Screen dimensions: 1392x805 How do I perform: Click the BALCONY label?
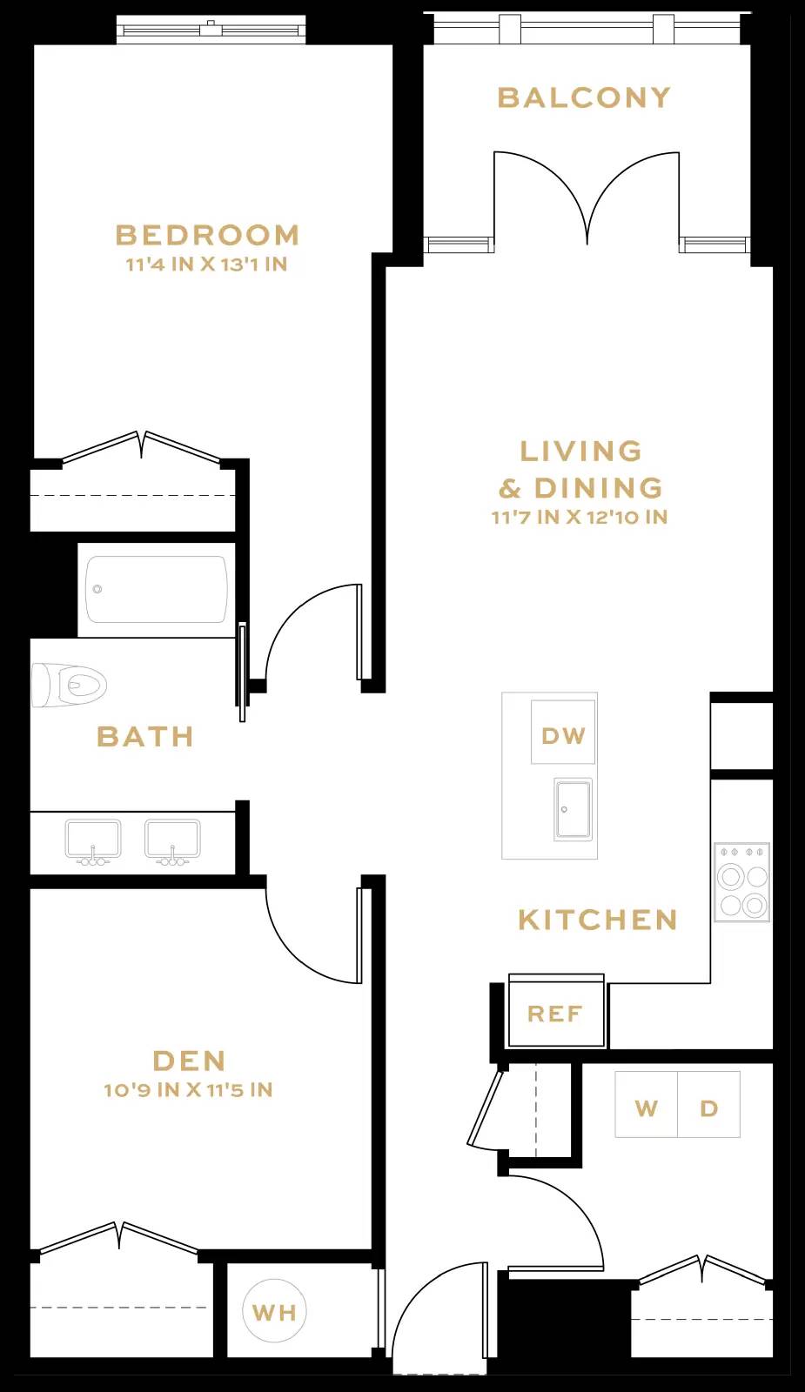click(584, 97)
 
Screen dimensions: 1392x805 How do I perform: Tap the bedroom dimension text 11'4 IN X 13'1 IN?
click(207, 264)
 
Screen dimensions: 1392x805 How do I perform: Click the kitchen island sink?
click(573, 809)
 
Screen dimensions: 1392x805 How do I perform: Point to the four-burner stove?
click(741, 881)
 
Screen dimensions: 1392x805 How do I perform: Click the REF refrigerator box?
click(556, 1014)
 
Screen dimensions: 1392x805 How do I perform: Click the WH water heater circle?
click(274, 1311)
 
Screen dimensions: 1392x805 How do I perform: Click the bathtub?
click(157, 590)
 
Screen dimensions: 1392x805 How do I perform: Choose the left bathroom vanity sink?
click(93, 841)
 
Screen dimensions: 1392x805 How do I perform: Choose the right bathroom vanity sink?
click(172, 841)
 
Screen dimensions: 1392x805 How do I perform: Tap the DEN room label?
click(190, 1061)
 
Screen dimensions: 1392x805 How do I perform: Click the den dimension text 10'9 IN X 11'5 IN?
click(188, 1090)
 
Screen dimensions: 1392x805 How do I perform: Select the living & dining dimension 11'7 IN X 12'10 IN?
click(580, 518)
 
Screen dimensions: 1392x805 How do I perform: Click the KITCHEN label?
click(598, 920)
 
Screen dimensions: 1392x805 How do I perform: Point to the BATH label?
click(145, 737)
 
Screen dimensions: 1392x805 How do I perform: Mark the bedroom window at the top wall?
click(211, 30)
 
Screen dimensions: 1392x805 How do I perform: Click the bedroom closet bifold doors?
click(142, 446)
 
